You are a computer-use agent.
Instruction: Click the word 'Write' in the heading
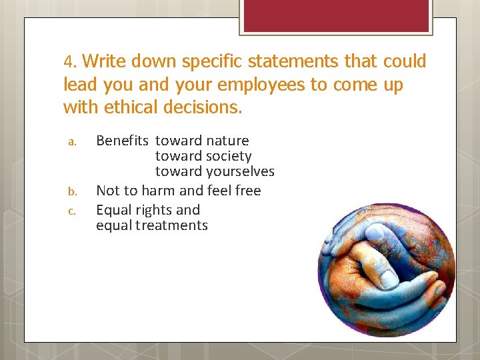(105, 62)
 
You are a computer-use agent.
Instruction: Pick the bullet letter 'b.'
(75, 191)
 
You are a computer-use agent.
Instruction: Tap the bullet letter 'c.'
(75, 211)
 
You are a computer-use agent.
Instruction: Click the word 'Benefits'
(123, 141)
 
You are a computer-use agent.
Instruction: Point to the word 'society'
(228, 156)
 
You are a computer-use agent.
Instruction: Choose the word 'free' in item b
(247, 191)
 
